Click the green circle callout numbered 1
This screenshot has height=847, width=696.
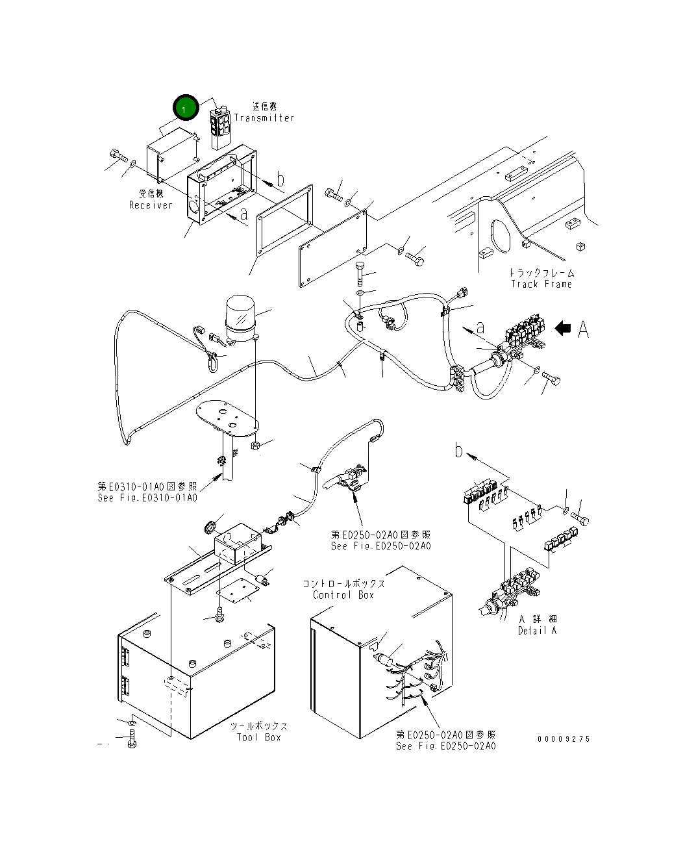(184, 109)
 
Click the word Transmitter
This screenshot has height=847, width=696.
(264, 118)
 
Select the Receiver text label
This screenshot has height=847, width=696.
(151, 205)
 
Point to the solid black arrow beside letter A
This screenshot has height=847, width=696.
(564, 329)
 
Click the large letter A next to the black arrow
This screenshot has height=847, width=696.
(583, 330)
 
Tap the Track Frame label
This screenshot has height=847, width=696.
(541, 284)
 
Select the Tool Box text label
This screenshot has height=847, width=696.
(258, 737)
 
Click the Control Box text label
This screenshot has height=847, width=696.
(343, 595)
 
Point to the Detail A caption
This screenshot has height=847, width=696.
(537, 630)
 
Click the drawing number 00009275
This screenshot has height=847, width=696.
(564, 739)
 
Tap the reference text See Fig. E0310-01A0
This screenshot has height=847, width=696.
(147, 498)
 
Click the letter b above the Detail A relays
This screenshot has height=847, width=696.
(459, 449)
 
